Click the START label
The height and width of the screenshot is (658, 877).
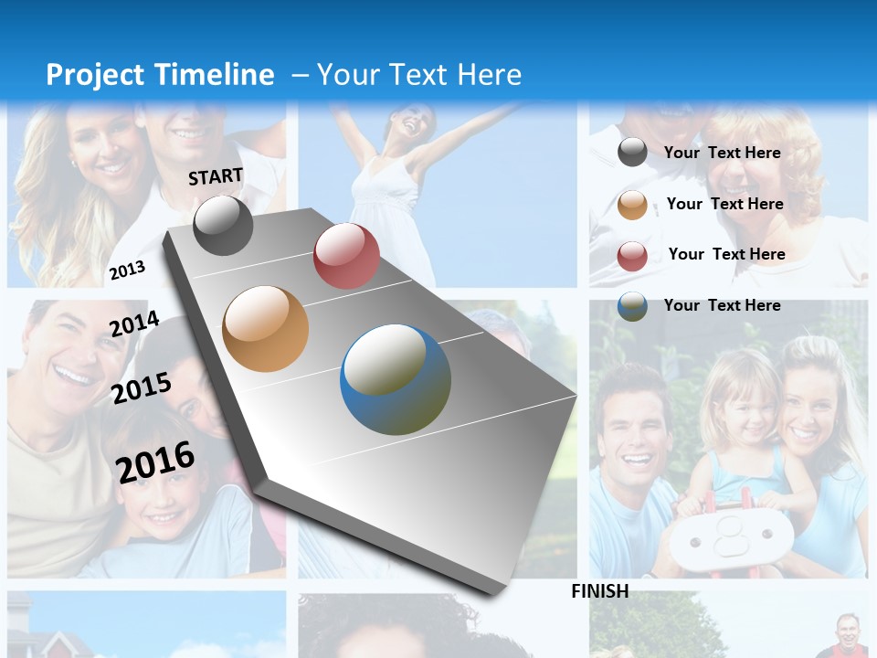[x=216, y=176]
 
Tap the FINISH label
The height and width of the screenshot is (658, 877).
[x=600, y=591]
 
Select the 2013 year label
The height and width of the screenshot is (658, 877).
[x=127, y=270]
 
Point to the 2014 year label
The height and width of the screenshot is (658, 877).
[x=134, y=324]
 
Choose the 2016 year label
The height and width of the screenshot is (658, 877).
[x=155, y=462]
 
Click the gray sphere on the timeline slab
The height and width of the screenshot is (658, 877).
[x=223, y=225]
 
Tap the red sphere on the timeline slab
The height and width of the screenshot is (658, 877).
[x=346, y=256]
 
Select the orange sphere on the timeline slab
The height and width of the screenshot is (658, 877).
[x=265, y=328]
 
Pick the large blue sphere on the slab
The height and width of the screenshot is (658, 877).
[x=396, y=379]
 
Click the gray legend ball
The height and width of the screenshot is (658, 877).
[x=632, y=153]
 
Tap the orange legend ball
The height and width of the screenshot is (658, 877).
[x=632, y=205]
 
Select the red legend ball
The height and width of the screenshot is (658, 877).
[x=632, y=256]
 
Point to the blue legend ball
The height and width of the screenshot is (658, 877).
[x=632, y=306]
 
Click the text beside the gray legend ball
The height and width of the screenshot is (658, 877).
[x=723, y=153]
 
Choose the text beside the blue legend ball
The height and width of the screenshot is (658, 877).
[x=723, y=305]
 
